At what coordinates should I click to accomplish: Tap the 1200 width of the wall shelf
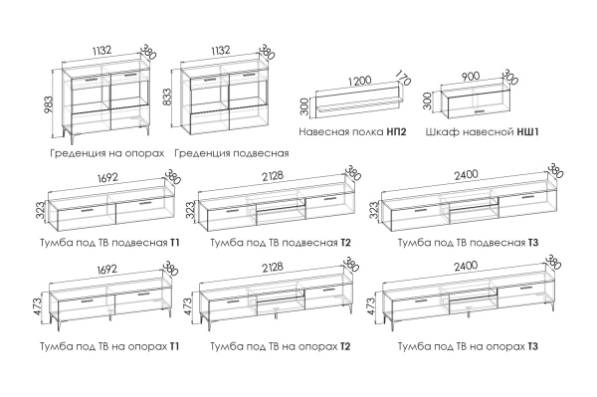coord(359,82)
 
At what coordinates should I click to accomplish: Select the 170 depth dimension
coord(404,78)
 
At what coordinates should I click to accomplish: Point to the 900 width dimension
coord(471,77)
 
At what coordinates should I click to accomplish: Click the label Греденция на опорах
coord(107,153)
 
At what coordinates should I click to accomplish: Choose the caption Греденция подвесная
coord(232,153)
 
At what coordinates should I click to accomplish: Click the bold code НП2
coord(396,132)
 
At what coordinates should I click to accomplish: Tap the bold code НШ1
coord(527,132)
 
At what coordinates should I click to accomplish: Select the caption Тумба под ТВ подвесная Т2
coord(281,243)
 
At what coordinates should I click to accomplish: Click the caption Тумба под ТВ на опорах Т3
coord(468,347)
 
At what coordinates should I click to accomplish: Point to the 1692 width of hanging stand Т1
coord(107,178)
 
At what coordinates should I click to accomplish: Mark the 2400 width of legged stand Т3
coord(466,266)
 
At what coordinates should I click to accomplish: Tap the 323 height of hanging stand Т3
coord(374,211)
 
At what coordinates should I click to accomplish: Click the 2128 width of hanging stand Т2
coord(272,176)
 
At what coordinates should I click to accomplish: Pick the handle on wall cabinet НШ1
coord(480,111)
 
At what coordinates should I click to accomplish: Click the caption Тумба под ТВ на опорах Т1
coord(109,347)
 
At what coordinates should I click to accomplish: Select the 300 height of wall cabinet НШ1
coord(429,100)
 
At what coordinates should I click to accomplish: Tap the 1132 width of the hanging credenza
coord(219,51)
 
